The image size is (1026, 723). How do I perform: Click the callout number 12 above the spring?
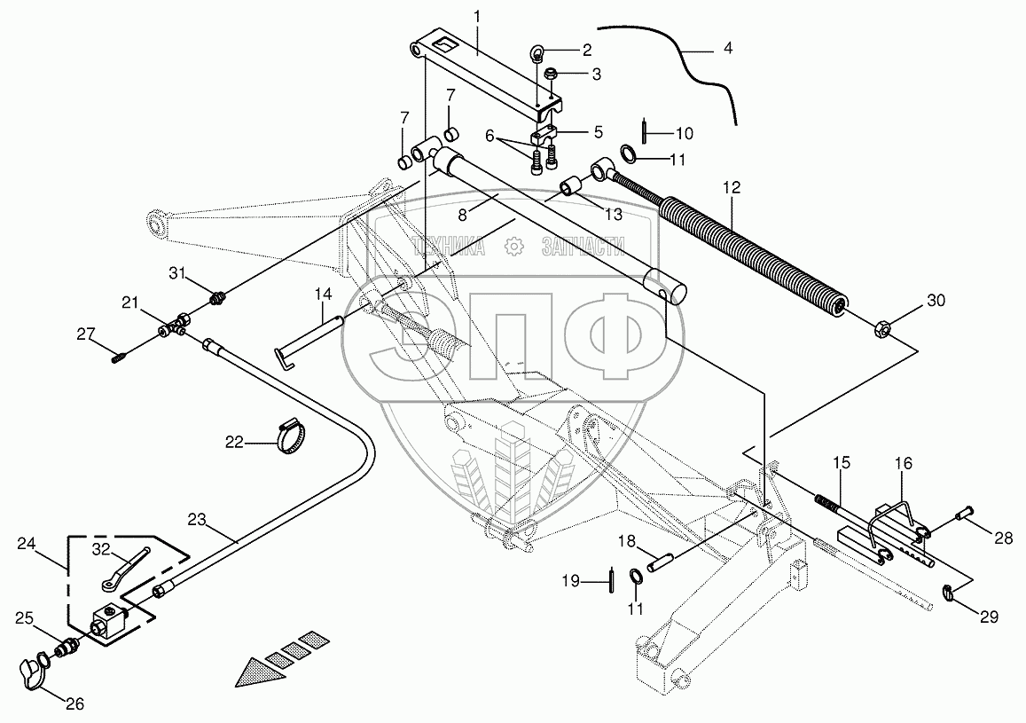pyautogui.click(x=731, y=189)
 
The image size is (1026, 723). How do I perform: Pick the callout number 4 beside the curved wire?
pyautogui.click(x=728, y=49)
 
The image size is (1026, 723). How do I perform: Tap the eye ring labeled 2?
pyautogui.click(x=538, y=51)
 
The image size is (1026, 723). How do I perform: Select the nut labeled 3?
pyautogui.click(x=550, y=74)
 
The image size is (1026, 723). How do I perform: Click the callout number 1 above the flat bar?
pyautogui.click(x=475, y=17)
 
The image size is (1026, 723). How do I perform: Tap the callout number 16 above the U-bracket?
pyautogui.click(x=903, y=464)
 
